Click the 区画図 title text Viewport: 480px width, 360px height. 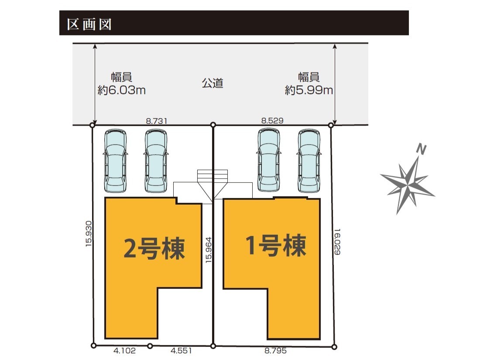[89, 24]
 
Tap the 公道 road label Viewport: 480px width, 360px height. [213, 83]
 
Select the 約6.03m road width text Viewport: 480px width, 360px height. [121, 91]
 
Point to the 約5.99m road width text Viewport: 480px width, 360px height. [309, 91]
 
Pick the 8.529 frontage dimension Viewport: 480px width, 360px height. [272, 121]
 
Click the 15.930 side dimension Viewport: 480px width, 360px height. [89, 234]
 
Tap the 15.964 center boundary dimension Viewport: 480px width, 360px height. [209, 250]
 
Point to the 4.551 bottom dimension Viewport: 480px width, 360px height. [180, 350]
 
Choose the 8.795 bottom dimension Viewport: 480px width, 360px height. [275, 350]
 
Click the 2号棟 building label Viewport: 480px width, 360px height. [154, 249]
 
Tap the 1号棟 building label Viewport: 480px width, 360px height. [275, 245]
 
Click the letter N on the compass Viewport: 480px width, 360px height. [421, 150]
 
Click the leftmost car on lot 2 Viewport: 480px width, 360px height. [115, 161]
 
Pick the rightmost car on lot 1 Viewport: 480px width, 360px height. [309, 161]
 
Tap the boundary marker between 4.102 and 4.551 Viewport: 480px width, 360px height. [150, 346]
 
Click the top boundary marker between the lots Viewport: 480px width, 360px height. [213, 125]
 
